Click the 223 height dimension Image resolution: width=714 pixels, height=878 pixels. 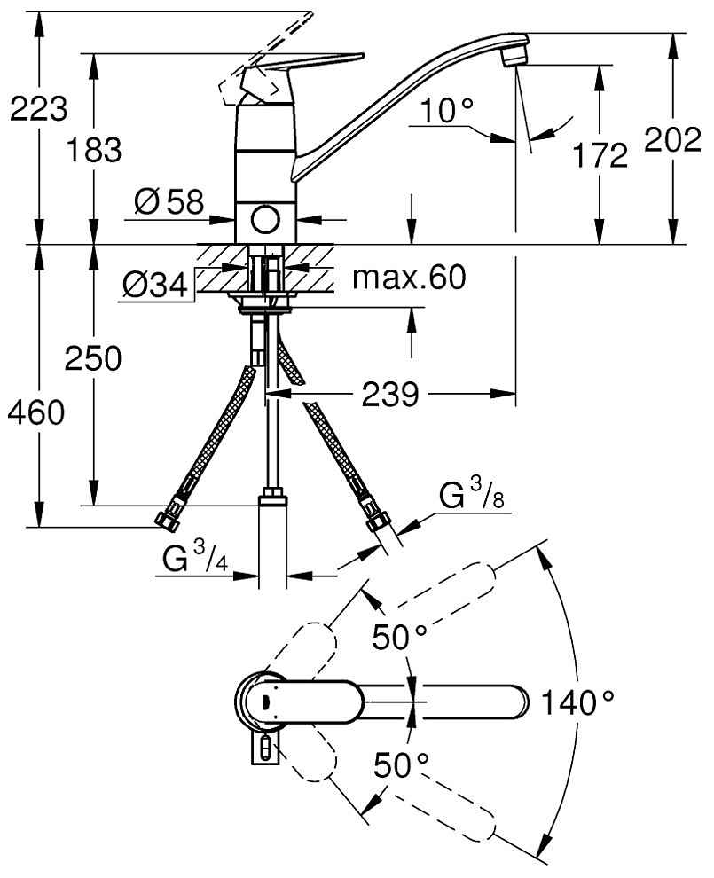pyautogui.click(x=37, y=109)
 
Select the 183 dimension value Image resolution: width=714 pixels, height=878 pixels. pyautogui.click(x=94, y=150)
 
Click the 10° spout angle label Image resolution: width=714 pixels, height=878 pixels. pyautogui.click(x=448, y=111)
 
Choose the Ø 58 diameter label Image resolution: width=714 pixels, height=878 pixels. pyautogui.click(x=169, y=203)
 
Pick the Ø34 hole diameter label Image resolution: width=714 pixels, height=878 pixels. pyautogui.click(x=155, y=286)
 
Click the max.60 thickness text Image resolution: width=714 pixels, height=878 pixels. pyautogui.click(x=408, y=278)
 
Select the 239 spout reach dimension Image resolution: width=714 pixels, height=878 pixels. pyautogui.click(x=389, y=394)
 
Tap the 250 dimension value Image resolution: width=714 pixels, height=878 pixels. pyautogui.click(x=92, y=359)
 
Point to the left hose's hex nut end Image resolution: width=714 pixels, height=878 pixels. pyautogui.click(x=164, y=520)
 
